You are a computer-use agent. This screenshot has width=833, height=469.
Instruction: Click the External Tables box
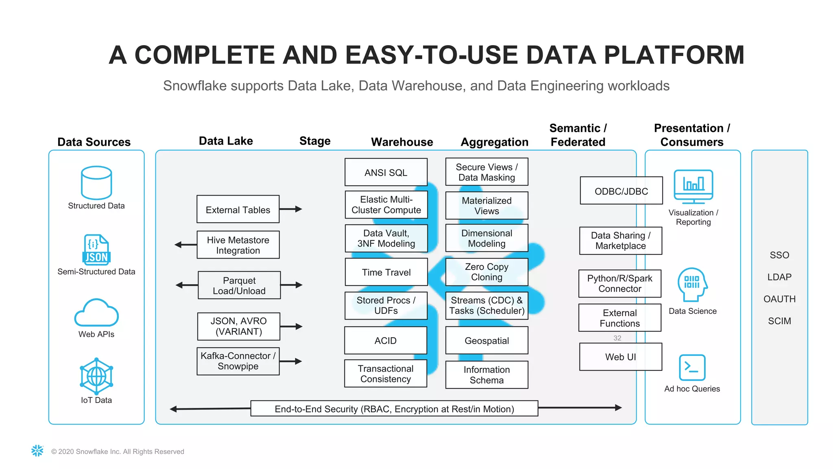(238, 209)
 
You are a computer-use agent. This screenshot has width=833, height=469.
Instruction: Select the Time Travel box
(386, 272)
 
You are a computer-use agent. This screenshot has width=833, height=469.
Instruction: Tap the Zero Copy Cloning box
(486, 272)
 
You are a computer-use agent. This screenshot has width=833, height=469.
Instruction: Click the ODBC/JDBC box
(621, 191)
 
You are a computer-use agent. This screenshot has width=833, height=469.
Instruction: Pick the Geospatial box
(486, 340)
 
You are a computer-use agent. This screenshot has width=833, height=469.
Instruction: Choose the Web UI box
(620, 357)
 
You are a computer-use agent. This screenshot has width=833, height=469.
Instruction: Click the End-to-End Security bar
(394, 408)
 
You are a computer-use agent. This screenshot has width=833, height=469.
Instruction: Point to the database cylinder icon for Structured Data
(96, 182)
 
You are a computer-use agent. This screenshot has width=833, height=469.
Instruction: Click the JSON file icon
(96, 249)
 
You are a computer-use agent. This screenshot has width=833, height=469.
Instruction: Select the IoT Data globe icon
(96, 376)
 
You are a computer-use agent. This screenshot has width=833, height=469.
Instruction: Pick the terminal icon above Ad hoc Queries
(692, 367)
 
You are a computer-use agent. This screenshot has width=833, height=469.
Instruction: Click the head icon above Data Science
(692, 284)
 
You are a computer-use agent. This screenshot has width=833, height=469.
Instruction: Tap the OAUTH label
(779, 299)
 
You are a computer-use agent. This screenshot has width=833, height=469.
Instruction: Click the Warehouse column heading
(402, 142)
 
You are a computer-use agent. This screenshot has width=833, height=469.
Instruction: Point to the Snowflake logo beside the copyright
(37, 451)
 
